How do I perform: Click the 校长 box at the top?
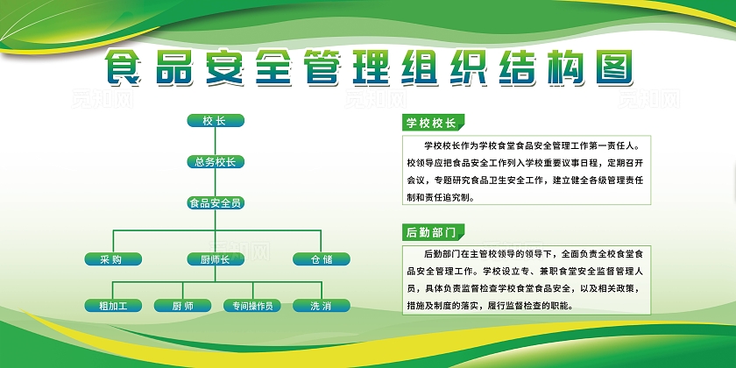215,121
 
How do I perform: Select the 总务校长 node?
215,161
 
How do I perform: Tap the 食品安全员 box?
215,202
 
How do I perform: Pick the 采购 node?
111,258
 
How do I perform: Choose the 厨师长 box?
215,258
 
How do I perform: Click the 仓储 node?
321,258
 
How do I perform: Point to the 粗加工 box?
111,306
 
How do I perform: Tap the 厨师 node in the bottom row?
182,306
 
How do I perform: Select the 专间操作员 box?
252,306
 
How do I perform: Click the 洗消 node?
321,306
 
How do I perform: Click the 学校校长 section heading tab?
432,122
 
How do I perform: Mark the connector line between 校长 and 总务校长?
215,141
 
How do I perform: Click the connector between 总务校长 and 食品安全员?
215,182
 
